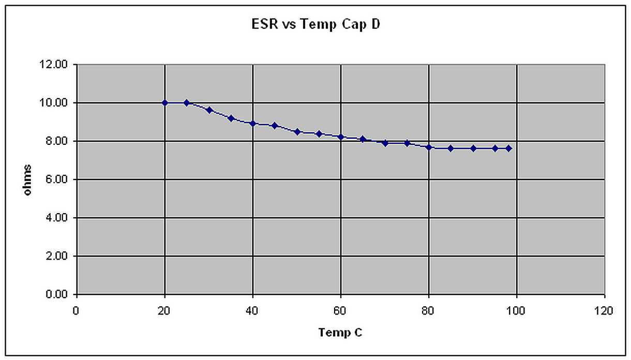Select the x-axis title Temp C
[340, 332]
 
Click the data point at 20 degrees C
[165, 103]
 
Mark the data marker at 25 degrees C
[187, 103]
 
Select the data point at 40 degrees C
[253, 123]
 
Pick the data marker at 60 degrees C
[341, 137]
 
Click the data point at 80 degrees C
[429, 147]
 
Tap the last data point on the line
[509, 148]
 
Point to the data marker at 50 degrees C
[297, 132]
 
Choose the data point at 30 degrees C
[209, 110]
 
